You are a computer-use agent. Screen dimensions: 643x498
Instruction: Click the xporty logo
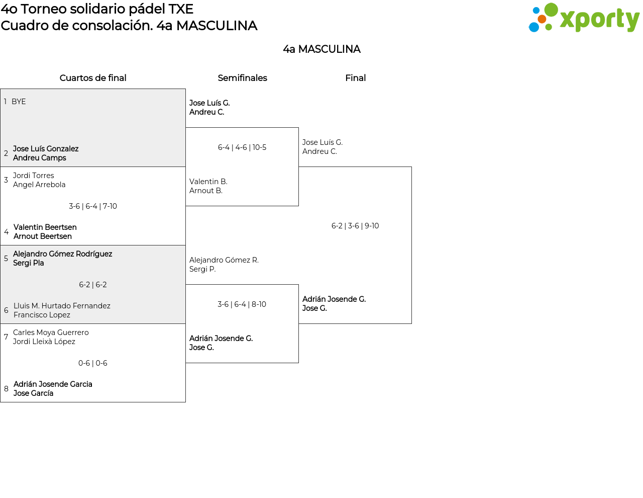click(584, 18)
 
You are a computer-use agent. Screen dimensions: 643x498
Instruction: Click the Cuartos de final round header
click(93, 78)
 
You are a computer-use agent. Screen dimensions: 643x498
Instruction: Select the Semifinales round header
click(242, 78)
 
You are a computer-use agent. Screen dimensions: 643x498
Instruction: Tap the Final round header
click(355, 78)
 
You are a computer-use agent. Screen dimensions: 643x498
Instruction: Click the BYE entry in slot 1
click(19, 102)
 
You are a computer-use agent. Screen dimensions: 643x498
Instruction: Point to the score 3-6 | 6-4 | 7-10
click(93, 206)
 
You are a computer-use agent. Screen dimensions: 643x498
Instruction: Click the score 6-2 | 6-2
click(93, 285)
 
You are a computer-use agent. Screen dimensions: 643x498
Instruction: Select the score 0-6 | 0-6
click(93, 363)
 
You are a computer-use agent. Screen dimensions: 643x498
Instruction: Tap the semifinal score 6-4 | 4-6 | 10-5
click(242, 147)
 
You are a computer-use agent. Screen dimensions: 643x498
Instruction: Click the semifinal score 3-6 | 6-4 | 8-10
click(242, 304)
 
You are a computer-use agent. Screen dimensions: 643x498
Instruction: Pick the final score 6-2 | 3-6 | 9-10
click(355, 226)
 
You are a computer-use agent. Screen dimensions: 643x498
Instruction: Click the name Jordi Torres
click(34, 176)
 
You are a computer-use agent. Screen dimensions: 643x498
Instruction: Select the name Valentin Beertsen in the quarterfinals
click(45, 227)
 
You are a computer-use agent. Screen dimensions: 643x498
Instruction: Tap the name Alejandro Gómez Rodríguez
click(62, 254)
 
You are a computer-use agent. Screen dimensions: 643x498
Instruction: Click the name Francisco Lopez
click(42, 315)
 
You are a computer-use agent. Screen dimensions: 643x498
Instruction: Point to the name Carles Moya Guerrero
click(51, 333)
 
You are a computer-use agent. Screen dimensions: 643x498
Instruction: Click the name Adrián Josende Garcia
click(53, 384)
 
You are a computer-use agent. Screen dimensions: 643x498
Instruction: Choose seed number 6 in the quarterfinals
click(6, 310)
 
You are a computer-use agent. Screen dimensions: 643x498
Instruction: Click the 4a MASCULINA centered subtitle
click(321, 49)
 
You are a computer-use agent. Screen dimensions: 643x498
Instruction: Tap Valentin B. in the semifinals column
click(208, 181)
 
